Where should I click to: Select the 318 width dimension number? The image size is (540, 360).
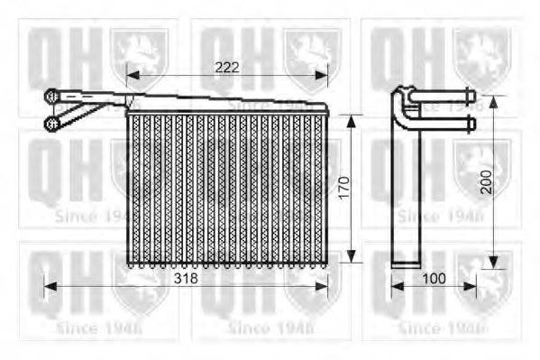click(x=186, y=279)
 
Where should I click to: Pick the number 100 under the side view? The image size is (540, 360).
click(x=434, y=279)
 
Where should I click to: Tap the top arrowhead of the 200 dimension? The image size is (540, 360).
click(x=493, y=96)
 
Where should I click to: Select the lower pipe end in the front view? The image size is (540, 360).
click(x=52, y=122)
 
